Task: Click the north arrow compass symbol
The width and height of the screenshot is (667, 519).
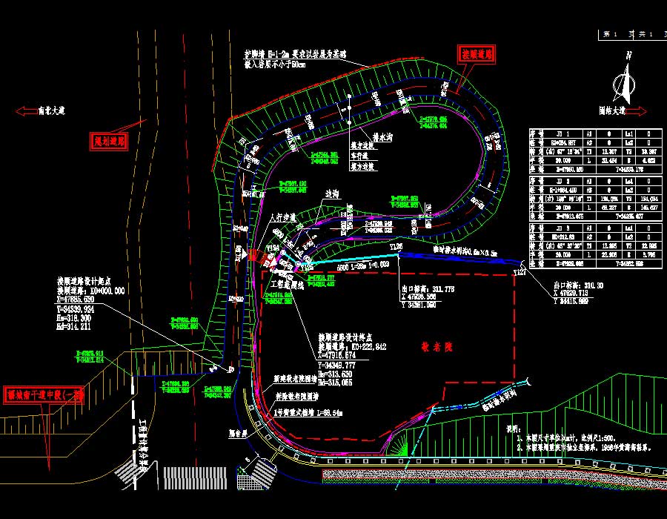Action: point(627,78)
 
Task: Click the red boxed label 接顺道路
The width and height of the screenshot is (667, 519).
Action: point(477,54)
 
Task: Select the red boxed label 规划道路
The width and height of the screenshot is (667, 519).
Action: point(110,140)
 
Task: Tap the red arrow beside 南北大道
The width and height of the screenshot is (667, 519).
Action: point(27,111)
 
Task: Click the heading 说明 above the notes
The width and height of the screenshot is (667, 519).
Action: point(513,429)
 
